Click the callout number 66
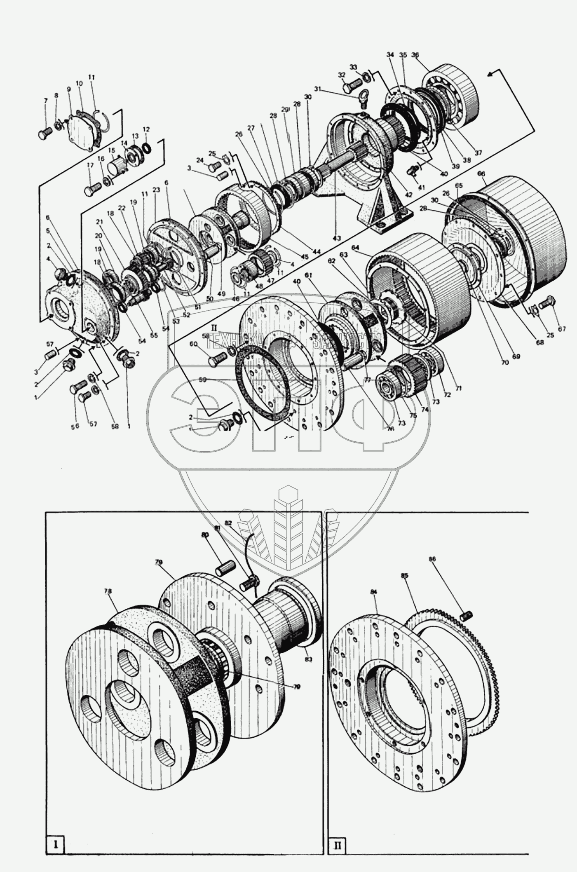pyautogui.click(x=481, y=173)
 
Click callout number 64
pyautogui.click(x=356, y=247)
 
